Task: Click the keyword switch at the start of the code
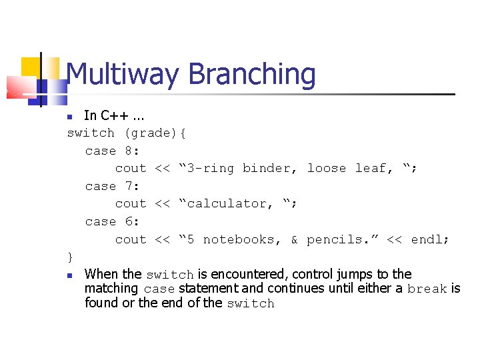coord(91,133)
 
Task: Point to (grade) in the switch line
coord(151,133)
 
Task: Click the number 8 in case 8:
coord(129,151)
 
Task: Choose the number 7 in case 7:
coord(129,186)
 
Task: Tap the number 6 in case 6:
coord(129,221)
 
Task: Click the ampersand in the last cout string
coord(294,239)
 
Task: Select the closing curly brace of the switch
coord(71,257)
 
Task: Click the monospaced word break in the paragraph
coord(427,289)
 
